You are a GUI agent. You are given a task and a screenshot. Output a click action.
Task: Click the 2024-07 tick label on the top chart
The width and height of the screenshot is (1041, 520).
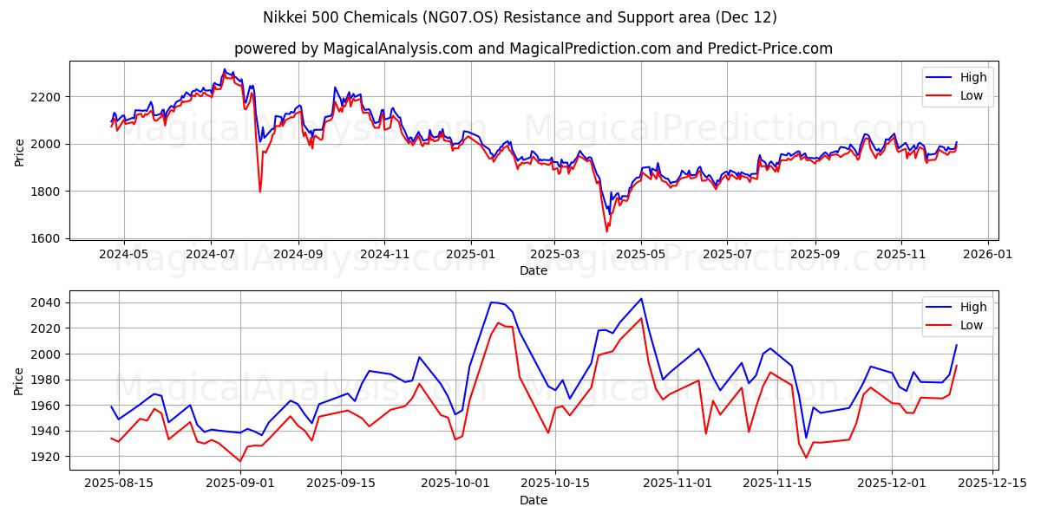tap(211, 254)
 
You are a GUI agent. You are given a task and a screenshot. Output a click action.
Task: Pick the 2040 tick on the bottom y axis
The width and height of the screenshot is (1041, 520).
tap(48, 302)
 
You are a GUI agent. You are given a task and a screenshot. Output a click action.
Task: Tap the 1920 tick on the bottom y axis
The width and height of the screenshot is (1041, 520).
tap(48, 457)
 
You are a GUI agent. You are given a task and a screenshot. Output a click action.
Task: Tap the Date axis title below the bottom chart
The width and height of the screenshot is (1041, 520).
tap(534, 500)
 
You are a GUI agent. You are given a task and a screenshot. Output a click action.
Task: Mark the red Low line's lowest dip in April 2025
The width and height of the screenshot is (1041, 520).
tap(606, 231)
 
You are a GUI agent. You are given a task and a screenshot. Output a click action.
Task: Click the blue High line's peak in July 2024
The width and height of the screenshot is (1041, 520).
tap(224, 69)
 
